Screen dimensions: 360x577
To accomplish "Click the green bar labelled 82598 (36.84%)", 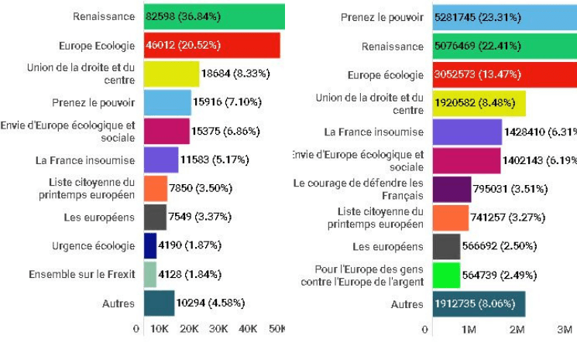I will click(x=214, y=16).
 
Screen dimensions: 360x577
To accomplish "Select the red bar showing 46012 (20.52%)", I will click(x=211, y=45).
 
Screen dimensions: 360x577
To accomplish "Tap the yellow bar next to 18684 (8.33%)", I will click(x=171, y=74).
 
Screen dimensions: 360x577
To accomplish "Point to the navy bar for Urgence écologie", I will click(x=150, y=245).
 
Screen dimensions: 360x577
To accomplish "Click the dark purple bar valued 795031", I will click(x=452, y=189).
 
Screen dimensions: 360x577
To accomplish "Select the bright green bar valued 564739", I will click(x=446, y=275).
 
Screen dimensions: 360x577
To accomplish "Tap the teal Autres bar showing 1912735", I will click(x=479, y=304).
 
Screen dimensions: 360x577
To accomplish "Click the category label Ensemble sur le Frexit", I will click(x=82, y=274).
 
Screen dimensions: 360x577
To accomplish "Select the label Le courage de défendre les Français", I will click(x=359, y=189).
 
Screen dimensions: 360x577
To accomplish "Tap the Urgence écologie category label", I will click(x=93, y=245).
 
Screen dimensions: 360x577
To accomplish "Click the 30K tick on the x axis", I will click(x=219, y=329).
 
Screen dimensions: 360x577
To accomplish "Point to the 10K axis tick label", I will click(x=159, y=329).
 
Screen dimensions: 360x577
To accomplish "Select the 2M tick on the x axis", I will click(x=517, y=329).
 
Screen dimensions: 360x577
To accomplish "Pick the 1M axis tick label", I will click(x=468, y=329).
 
